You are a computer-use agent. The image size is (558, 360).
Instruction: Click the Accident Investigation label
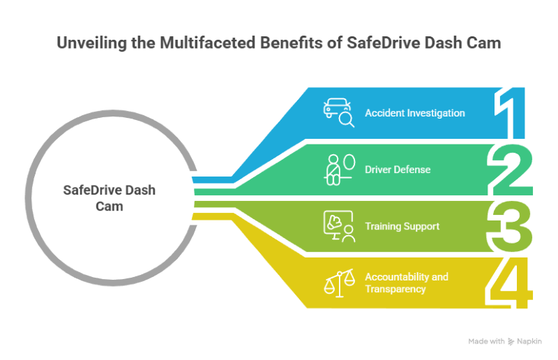tap(415, 113)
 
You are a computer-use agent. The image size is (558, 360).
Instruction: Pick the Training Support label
tap(402, 226)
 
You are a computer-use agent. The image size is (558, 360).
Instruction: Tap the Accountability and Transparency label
tap(406, 283)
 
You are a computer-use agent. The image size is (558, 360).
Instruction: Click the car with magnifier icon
tap(338, 113)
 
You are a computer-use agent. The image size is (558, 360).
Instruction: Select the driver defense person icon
tap(338, 170)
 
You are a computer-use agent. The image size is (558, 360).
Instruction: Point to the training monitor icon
tap(338, 227)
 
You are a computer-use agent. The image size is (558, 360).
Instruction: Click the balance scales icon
tap(338, 283)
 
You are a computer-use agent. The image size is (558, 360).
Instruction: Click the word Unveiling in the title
tap(88, 43)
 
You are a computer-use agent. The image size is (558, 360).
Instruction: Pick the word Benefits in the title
tap(287, 43)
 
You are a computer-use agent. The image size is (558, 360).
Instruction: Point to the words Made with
tap(486, 341)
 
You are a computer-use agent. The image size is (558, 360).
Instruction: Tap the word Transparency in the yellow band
tap(395, 289)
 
